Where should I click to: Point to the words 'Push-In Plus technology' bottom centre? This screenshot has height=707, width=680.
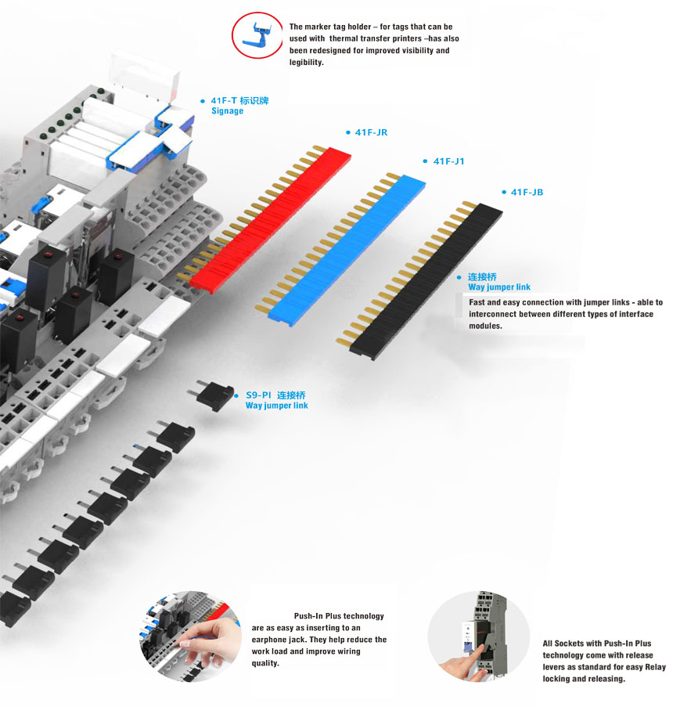[x=339, y=616]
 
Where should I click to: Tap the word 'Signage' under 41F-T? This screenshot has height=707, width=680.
[x=227, y=111]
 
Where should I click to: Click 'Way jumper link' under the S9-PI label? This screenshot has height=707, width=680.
[x=276, y=406]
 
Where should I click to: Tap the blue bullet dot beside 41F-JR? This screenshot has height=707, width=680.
[x=347, y=133]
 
